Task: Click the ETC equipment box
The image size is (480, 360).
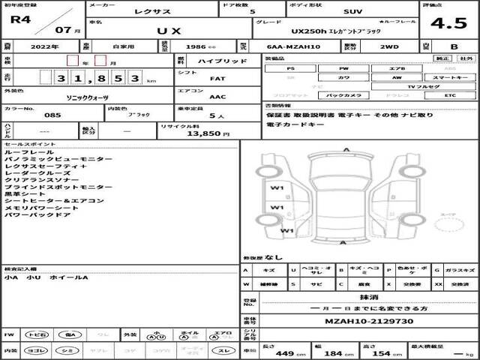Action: click(x=449, y=96)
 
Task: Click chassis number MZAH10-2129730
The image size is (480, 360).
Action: click(x=359, y=321)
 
